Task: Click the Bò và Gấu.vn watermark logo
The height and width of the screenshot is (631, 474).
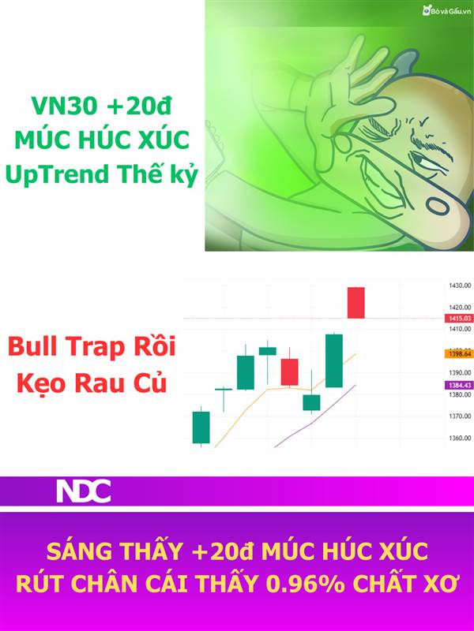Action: tap(446, 11)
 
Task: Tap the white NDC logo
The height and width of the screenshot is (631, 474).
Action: tap(84, 491)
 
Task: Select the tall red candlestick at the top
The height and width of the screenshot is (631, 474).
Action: tap(356, 303)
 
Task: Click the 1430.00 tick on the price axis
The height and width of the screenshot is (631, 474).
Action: tap(460, 286)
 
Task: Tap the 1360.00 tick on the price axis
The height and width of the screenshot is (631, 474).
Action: tap(460, 438)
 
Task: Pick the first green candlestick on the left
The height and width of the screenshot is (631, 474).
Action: tap(201, 427)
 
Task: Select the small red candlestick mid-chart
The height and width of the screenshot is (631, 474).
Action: tap(289, 372)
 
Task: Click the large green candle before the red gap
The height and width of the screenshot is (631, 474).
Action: tap(334, 360)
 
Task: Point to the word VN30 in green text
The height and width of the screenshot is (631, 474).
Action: tap(65, 106)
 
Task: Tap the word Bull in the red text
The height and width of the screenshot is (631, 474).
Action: tap(32, 346)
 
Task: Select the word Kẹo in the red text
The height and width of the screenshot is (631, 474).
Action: tap(42, 383)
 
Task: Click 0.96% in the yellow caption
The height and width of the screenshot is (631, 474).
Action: tap(305, 584)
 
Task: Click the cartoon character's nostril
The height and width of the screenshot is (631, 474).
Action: tap(438, 207)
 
